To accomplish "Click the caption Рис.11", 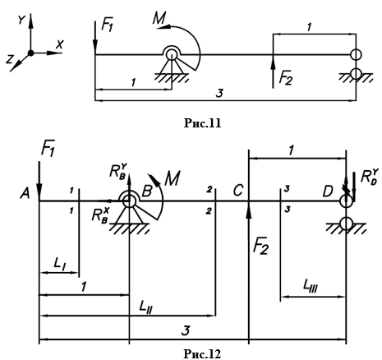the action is click(x=202, y=123).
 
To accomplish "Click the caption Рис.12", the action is click(x=202, y=353).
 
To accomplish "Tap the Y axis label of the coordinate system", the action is click(x=22, y=20).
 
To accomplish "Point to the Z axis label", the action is click(x=10, y=59).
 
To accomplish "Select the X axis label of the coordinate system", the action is click(x=60, y=44).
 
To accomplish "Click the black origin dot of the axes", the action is click(x=31, y=53).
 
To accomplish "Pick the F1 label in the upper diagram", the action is click(x=107, y=25).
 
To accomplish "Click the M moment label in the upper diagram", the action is click(x=159, y=18).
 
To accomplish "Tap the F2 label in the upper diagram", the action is click(x=286, y=78).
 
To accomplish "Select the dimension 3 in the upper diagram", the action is click(x=219, y=94).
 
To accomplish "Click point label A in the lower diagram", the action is click(x=25, y=194).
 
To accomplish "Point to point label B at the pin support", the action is click(x=147, y=191).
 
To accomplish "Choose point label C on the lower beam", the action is click(x=238, y=191).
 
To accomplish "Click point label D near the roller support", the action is click(x=328, y=192).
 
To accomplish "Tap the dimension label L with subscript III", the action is click(x=311, y=286).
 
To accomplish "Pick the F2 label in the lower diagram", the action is click(x=260, y=247).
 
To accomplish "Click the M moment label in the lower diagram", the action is click(x=173, y=178).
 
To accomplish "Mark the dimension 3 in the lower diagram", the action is click(x=186, y=330).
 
